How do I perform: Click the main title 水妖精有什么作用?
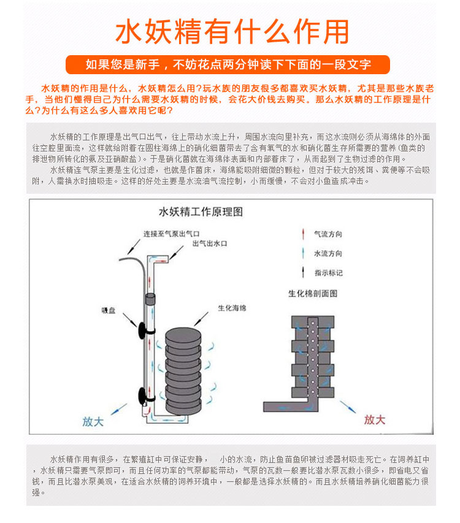coord(230,31)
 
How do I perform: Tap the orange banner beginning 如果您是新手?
coord(228,64)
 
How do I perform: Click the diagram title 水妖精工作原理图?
coord(201,212)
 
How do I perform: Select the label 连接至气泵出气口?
coord(172,234)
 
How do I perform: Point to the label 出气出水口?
coord(210,243)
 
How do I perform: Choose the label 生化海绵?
coord(232,308)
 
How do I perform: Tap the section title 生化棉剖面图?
coord(313,294)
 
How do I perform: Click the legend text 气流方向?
coord(328,235)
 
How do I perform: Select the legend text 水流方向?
coord(328,253)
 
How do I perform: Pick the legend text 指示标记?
coord(328,272)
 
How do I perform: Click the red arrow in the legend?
coord(303,234)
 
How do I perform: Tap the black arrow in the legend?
coord(303,272)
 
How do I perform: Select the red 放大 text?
coord(374,419)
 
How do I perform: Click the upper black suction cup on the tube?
coord(142,328)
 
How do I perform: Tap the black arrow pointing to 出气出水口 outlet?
coord(176,251)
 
